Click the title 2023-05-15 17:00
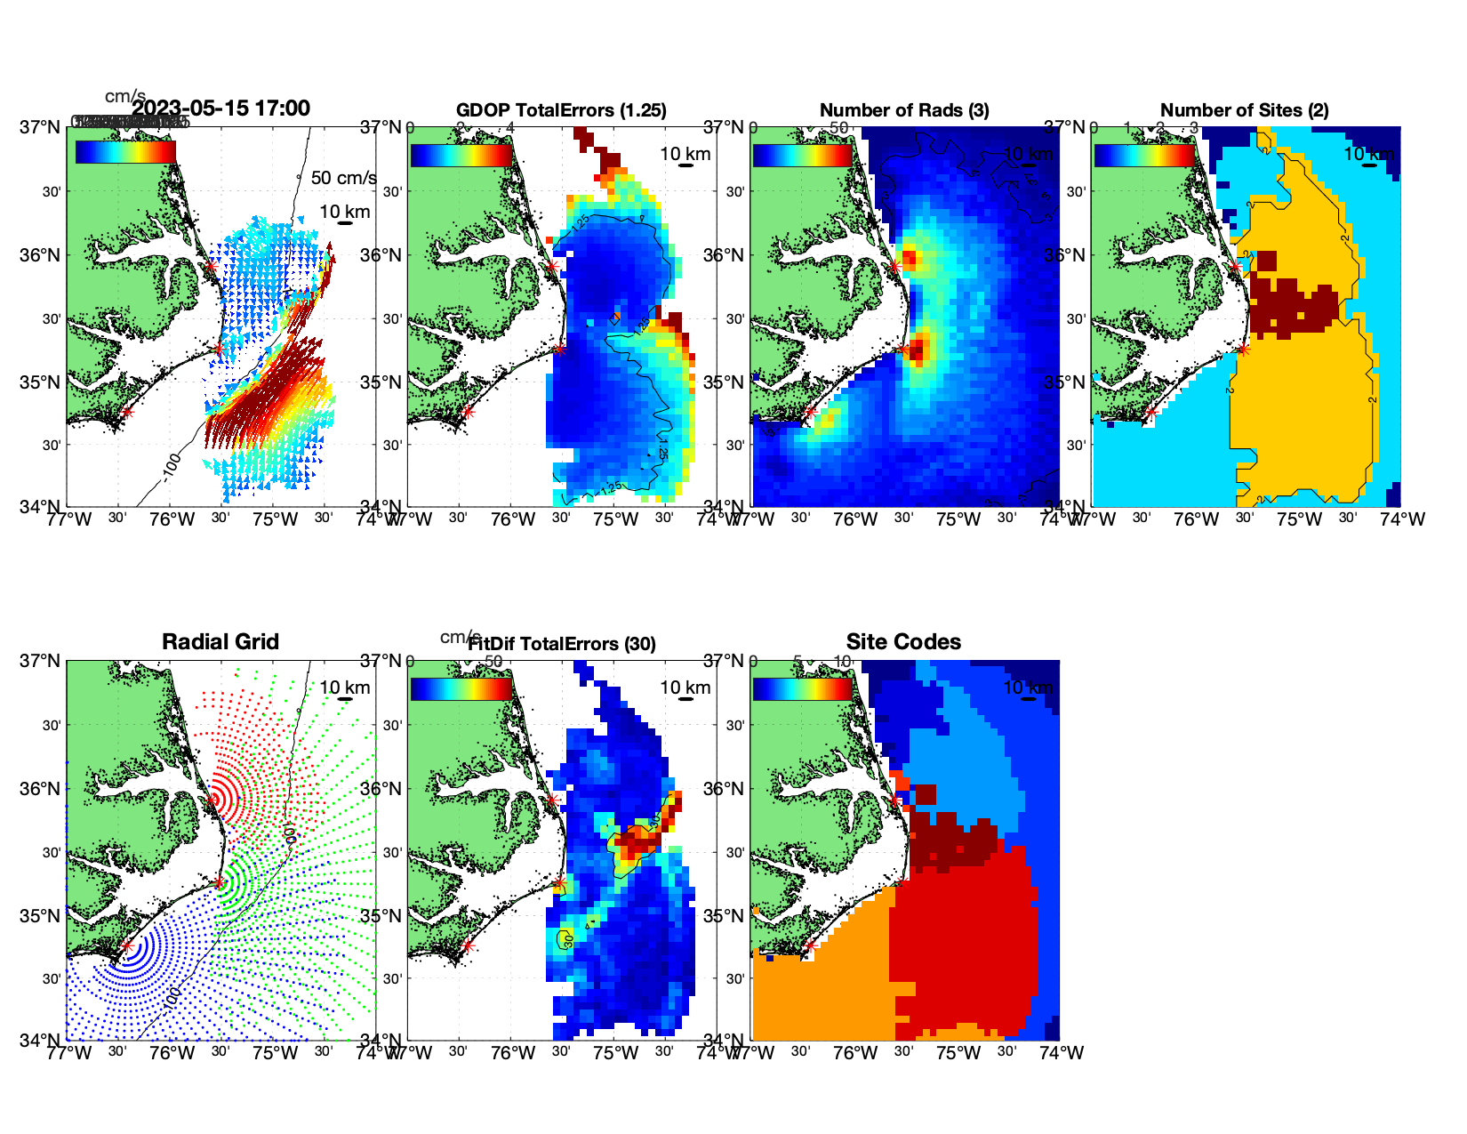coord(220,109)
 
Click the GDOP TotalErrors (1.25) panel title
coord(561,110)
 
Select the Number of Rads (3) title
coord(904,110)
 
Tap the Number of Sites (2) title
coord(1244,110)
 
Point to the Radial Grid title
coord(220,642)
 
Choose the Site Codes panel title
coord(903,642)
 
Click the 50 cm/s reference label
coord(343,178)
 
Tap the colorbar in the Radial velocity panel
coord(125,152)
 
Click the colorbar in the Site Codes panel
coord(803,689)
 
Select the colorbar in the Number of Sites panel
coord(1144,155)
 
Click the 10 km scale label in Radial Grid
coord(344,688)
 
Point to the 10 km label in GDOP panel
coord(685,154)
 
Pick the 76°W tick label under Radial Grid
coord(172,1053)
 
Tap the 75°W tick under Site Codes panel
coord(958,1053)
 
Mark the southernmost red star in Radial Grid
coord(126,945)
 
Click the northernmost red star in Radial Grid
coord(212,800)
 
